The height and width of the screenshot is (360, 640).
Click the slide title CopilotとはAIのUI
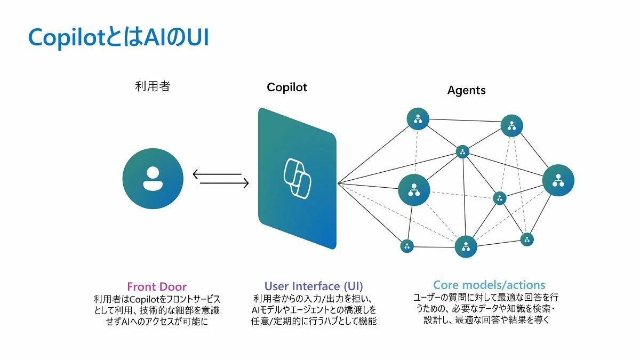(x=118, y=37)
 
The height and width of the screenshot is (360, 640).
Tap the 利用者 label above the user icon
(x=153, y=86)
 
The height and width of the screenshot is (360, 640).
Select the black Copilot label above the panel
(x=287, y=87)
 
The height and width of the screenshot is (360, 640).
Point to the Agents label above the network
(x=466, y=90)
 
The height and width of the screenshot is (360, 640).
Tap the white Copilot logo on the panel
(x=297, y=178)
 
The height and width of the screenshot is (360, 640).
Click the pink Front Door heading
(x=157, y=286)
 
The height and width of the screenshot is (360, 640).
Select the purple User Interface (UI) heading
(x=314, y=286)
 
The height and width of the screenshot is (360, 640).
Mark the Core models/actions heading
(x=489, y=285)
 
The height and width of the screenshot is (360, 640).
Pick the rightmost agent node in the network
(x=558, y=180)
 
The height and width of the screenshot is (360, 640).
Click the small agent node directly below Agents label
(x=462, y=151)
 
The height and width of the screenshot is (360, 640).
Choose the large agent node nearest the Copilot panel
(x=414, y=189)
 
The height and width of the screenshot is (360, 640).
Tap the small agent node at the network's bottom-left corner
(x=407, y=246)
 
